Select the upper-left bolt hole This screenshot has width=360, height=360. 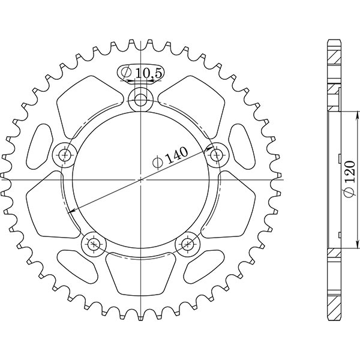click(x=65, y=155)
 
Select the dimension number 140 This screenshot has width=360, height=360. click(x=176, y=155)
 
